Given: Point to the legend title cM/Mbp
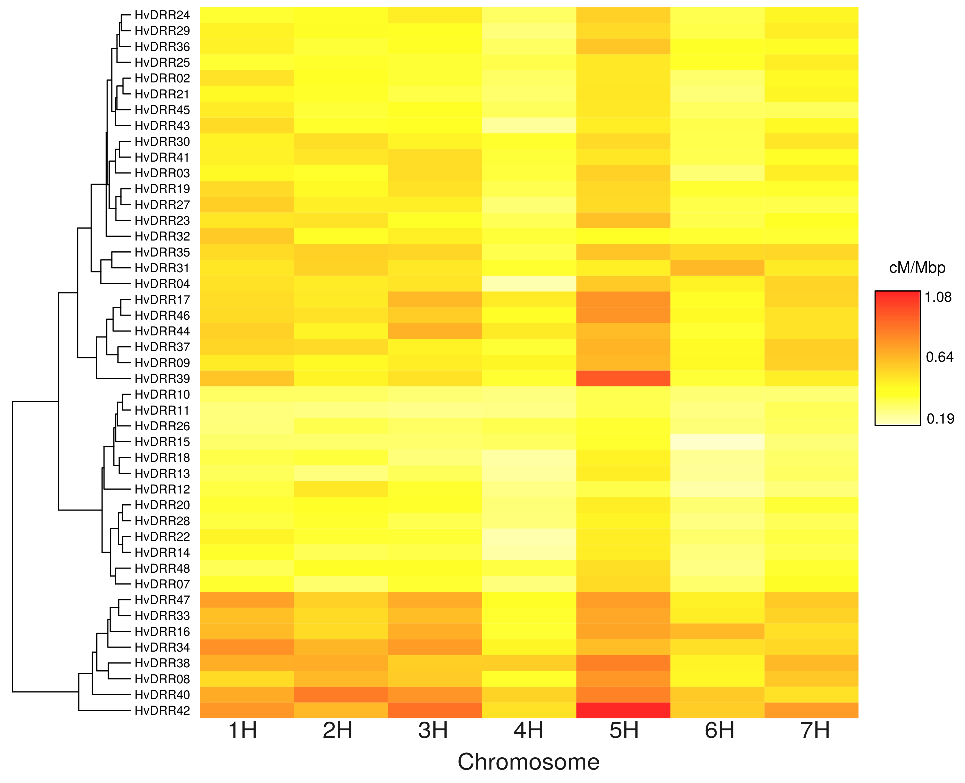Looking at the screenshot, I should click(x=917, y=268).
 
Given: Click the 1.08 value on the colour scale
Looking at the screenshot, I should click(x=938, y=297).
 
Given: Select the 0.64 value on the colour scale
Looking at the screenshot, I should click(x=939, y=357).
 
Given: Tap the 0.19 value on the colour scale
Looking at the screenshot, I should click(x=940, y=419).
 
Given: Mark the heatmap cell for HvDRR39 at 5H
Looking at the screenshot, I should click(x=623, y=378).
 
